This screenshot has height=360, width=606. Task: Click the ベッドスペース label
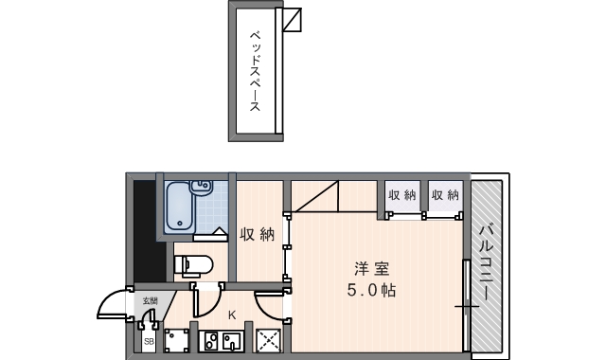pyautogui.click(x=255, y=72)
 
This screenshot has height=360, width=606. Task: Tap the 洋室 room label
pyautogui.click(x=372, y=269)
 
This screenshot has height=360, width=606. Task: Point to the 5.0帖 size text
pyautogui.click(x=371, y=290)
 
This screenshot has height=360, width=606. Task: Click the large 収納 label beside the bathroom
pyautogui.click(x=258, y=234)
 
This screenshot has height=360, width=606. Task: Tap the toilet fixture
pyautogui.click(x=193, y=265)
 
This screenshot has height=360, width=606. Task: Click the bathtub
pyautogui.click(x=179, y=207)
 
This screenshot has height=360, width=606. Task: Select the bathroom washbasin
pyautogui.click(x=202, y=186)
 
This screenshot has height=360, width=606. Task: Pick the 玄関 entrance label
pyautogui.click(x=151, y=300)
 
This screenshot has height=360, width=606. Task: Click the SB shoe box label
pyautogui.click(x=149, y=342)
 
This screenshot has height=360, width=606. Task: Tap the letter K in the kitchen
pyautogui.click(x=232, y=315)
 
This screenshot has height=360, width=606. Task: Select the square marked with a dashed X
pyautogui.click(x=268, y=341)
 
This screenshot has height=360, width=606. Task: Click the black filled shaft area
pyautogui.click(x=146, y=231)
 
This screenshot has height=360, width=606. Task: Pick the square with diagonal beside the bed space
pyautogui.click(x=292, y=20)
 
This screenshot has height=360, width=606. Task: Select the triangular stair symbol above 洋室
pyautogui.click(x=315, y=197)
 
